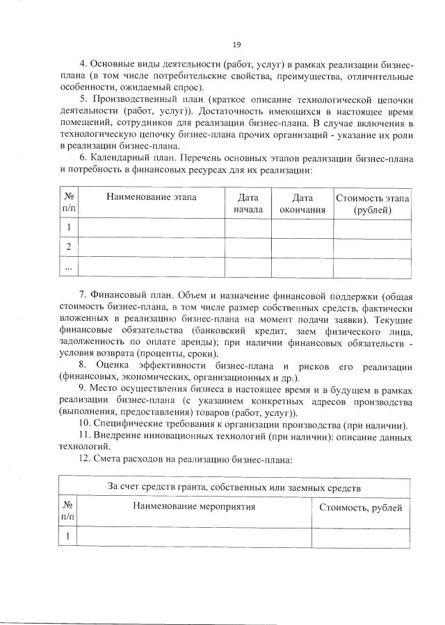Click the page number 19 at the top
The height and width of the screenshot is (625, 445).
(x=236, y=45)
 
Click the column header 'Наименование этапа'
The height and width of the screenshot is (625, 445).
(x=151, y=197)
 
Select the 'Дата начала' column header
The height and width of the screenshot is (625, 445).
(x=248, y=203)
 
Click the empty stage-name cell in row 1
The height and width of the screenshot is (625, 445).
(x=151, y=228)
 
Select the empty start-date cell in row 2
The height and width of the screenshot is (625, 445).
(x=248, y=247)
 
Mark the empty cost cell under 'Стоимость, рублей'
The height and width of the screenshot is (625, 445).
(x=360, y=536)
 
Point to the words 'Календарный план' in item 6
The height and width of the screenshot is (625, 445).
(x=129, y=158)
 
